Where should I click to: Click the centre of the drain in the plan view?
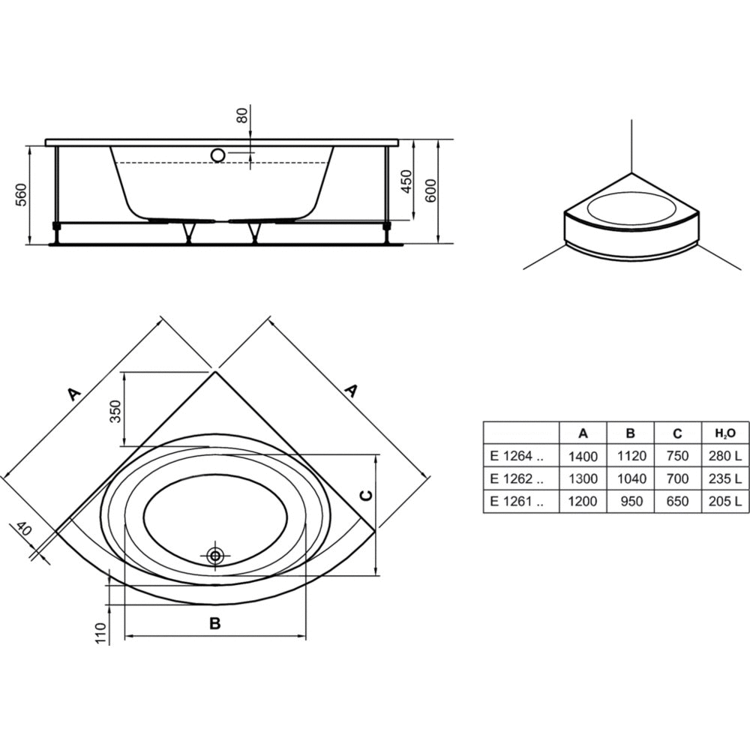point(215,555)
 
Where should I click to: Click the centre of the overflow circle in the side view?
point(218,155)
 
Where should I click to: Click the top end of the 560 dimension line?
point(30,146)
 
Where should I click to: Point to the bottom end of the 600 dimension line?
point(438,243)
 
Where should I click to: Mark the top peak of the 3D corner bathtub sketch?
point(631,173)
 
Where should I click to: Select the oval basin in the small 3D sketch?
point(631,208)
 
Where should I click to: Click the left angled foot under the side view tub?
point(188,232)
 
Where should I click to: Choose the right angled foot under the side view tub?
point(253,232)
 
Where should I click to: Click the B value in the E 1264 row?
point(631,456)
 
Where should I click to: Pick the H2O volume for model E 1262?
point(725,478)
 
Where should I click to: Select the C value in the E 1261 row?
point(678,501)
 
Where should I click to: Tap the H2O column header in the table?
point(725,433)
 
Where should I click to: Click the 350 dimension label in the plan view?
point(115,411)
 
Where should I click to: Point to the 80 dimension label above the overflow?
point(242,115)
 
